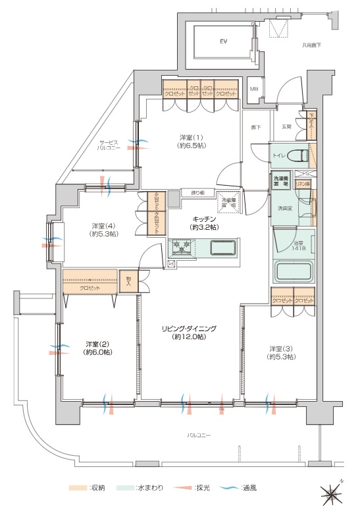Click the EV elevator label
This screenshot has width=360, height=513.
pos(223,41)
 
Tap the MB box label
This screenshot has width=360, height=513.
pos(254,88)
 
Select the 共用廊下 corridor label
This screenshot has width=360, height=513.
pos(311,45)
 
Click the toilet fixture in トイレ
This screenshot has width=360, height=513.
pos(299,155)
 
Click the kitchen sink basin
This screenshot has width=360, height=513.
pos(224,248)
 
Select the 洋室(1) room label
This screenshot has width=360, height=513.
pos(192,142)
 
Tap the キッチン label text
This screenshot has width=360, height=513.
pos(203,222)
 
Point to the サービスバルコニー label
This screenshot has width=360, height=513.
pos(109,146)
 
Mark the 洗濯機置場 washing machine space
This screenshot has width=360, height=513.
pos(281,182)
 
